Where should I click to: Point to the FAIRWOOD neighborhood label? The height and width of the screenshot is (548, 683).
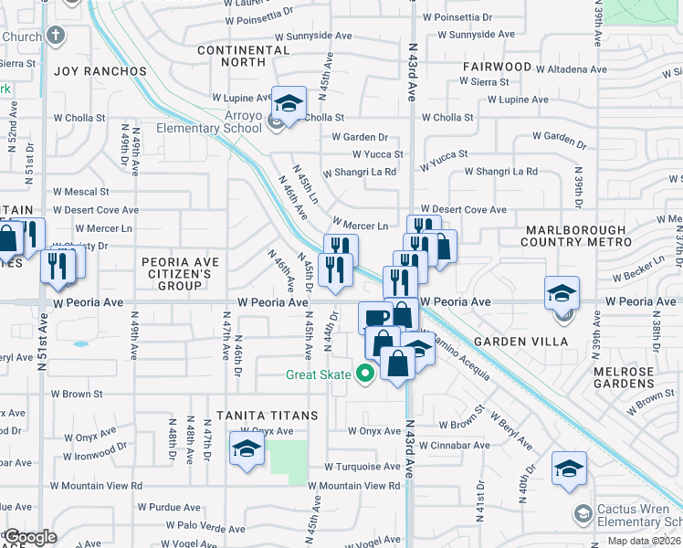pos(497,67)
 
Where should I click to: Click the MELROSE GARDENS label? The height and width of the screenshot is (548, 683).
pos(636,377)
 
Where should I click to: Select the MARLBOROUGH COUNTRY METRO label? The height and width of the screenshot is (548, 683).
pos(575,236)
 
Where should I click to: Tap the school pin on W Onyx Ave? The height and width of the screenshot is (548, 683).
pos(246,449)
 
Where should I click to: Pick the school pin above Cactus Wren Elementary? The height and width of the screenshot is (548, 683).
pos(569,468)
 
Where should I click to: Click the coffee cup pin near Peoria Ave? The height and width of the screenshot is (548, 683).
pos(375,318)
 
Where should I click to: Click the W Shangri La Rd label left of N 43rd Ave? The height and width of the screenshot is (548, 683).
pos(363,171)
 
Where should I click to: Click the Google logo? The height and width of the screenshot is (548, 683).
pos(29,537)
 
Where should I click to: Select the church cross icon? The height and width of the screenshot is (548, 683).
pos(56,37)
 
